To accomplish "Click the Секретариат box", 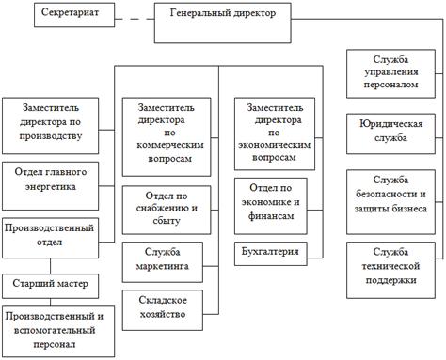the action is pos(74,15).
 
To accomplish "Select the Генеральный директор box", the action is pos(223,23).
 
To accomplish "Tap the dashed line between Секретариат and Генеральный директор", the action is pos(135,19).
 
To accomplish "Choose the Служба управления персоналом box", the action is pos(390,73).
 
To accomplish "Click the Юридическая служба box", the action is pos(390,133).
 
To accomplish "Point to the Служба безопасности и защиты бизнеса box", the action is pos(390,202).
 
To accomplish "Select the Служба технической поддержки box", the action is pos(390,270).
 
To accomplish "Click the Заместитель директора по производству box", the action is pos(50,126).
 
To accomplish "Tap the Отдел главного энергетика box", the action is pos(50,186).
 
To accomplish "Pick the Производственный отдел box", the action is pos(50,238).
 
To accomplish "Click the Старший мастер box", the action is pos(50,286).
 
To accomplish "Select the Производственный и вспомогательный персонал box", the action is pos(58,332).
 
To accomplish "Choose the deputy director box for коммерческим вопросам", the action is pos(167,137).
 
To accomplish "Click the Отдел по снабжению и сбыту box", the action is pos(167,210).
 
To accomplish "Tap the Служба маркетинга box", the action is pos(163,262).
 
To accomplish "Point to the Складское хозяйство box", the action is pos(163,310).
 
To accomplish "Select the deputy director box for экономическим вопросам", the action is pos(275,133).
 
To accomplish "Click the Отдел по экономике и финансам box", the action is pos(271,206).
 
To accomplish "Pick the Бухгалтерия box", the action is pos(271,254).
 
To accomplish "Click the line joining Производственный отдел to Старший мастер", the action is pos(50,266).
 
